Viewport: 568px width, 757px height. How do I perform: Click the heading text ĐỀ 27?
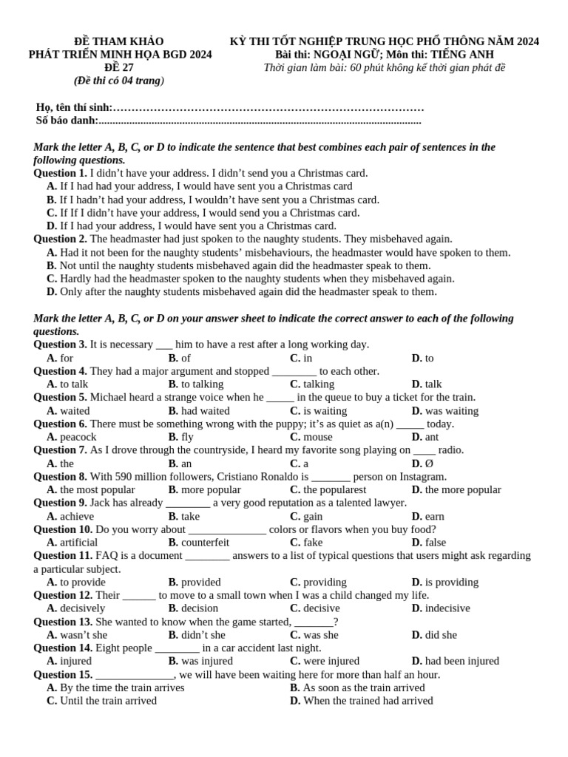[119, 67]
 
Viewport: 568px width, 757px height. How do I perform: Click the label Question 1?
[60, 173]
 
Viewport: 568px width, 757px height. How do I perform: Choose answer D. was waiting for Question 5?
[445, 411]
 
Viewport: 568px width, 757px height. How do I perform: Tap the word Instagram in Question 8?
[420, 477]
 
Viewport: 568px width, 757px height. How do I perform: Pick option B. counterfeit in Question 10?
[199, 543]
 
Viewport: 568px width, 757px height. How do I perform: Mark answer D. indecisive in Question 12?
[441, 608]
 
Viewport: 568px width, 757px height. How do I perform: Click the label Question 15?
[63, 674]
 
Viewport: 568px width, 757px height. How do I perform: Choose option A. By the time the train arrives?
[115, 688]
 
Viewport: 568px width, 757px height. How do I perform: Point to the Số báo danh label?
[67, 120]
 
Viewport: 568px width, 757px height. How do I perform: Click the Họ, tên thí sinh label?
[74, 107]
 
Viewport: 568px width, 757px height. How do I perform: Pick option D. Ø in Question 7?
[422, 464]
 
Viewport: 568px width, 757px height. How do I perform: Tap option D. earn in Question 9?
[428, 516]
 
